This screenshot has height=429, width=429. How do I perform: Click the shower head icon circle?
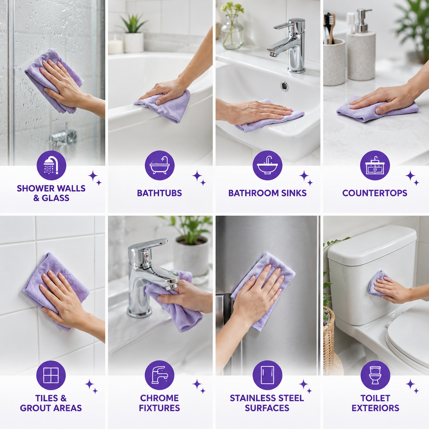pos(51,165)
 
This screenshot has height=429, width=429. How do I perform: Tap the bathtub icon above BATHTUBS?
pos(160,165)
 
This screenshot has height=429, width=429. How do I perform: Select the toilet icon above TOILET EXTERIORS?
pos(375,375)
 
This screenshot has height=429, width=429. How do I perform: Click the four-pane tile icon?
pos(51,375)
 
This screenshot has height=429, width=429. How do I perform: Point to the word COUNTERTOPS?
pos(375,193)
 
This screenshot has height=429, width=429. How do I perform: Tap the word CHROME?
pos(159,398)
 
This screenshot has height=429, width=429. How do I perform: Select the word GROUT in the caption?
pos(35,408)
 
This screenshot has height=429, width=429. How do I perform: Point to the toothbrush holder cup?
pos(334,62)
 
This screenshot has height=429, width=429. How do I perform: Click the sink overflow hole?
pos(284,86)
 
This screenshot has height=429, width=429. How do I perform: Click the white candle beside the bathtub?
pos(116,45)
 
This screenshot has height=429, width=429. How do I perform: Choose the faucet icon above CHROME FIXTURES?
pos(160,375)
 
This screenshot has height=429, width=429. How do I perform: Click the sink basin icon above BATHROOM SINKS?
pos(268,165)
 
